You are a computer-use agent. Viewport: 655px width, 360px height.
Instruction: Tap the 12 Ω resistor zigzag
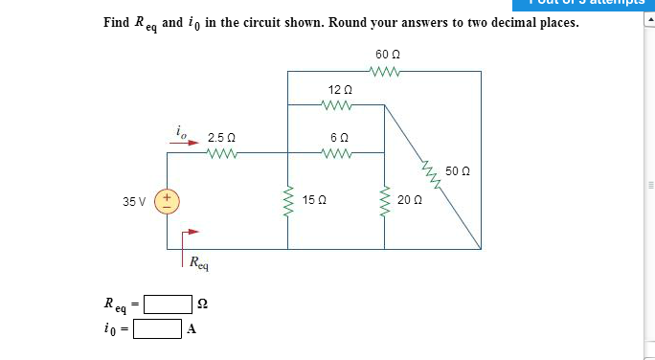click(337, 106)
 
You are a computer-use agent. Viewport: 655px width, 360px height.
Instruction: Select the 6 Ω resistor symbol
click(337, 152)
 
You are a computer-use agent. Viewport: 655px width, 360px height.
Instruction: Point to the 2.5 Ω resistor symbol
click(221, 152)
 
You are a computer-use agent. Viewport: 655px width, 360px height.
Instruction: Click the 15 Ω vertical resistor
click(287, 201)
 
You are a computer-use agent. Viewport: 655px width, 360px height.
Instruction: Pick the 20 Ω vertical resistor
click(384, 201)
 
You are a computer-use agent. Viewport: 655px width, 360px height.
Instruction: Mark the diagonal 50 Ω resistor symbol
click(435, 173)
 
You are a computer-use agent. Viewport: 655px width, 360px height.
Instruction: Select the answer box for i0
click(158, 328)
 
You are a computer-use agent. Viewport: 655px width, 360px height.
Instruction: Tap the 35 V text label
click(134, 202)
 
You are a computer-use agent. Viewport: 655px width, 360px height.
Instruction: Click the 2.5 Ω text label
click(221, 136)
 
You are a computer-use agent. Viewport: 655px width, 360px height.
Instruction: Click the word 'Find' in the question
click(115, 21)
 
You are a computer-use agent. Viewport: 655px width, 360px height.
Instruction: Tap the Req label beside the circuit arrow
click(199, 260)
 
